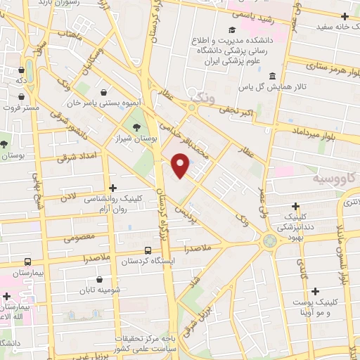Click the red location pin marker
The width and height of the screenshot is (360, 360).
point(181,166)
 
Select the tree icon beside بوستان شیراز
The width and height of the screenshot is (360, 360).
point(136,127)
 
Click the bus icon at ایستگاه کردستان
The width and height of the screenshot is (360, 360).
point(148,250)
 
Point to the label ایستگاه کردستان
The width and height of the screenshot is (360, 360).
point(148,262)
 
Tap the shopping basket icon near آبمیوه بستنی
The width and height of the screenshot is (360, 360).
point(104,92)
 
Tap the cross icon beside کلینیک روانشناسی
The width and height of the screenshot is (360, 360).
point(112,187)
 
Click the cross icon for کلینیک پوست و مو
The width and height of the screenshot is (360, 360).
point(314,291)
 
